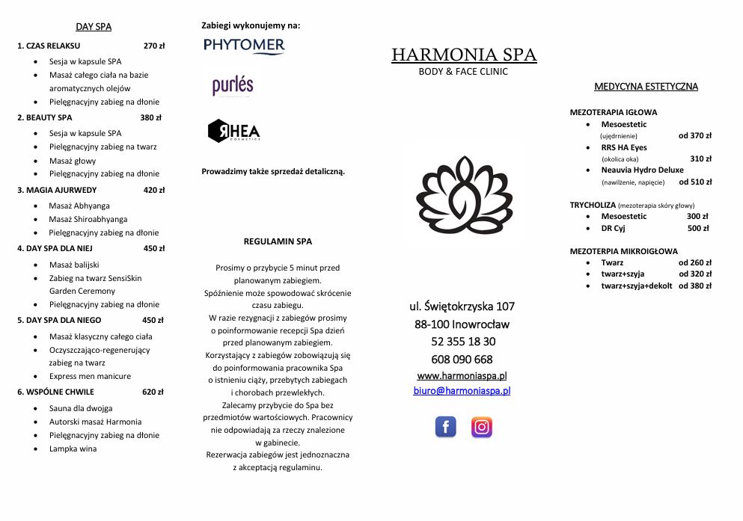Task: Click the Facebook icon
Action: [445, 427]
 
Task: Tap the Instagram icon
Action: [482, 427]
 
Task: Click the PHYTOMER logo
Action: [244, 46]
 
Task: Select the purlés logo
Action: [233, 85]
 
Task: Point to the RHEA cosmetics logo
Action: [233, 131]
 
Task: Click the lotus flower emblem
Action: [464, 195]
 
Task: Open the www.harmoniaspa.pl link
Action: [462, 375]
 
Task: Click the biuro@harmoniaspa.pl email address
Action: [462, 390]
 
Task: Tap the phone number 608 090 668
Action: [462, 359]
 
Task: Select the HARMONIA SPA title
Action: [464, 55]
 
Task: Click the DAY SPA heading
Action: [94, 27]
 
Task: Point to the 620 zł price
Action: [153, 392]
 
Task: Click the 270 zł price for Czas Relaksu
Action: [154, 46]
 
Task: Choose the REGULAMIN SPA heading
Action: [278, 241]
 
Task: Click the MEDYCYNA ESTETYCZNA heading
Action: [646, 87]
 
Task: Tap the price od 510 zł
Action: [695, 182]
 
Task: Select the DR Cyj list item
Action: [613, 228]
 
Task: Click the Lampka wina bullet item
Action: [73, 448]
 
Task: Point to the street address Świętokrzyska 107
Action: [462, 306]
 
